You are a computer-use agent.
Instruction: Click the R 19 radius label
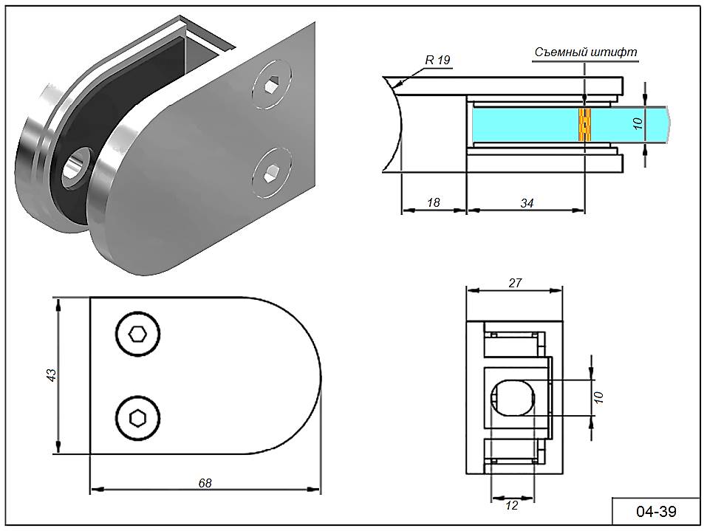pos(437,61)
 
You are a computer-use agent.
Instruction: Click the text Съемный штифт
pos(586,52)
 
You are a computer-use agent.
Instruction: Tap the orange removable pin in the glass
pos(585,125)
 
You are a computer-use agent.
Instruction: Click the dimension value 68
pos(205,484)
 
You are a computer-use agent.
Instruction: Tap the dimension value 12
pos(512,506)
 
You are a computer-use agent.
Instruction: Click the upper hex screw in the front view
pos(137,335)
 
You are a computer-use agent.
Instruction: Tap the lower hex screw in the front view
pos(137,418)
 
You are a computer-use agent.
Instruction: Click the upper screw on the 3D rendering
pos(271,85)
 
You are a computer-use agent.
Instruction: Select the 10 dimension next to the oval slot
pos(599,397)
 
